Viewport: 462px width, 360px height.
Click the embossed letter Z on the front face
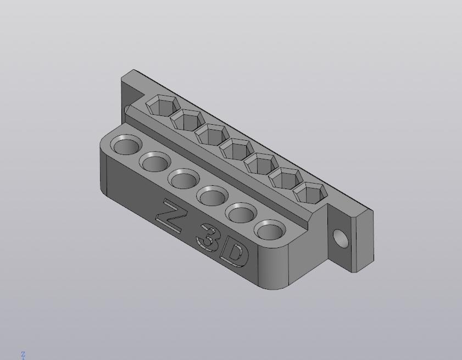click(169, 217)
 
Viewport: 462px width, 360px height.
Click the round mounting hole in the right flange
click(341, 239)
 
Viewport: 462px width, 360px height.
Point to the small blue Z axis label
click(23, 355)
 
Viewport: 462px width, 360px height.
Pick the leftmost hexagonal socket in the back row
click(163, 105)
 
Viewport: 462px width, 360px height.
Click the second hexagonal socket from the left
click(187, 119)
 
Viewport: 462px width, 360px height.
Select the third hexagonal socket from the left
click(212, 135)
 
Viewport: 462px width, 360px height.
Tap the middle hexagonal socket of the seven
click(237, 149)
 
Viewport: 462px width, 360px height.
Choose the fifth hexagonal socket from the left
click(261, 164)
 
